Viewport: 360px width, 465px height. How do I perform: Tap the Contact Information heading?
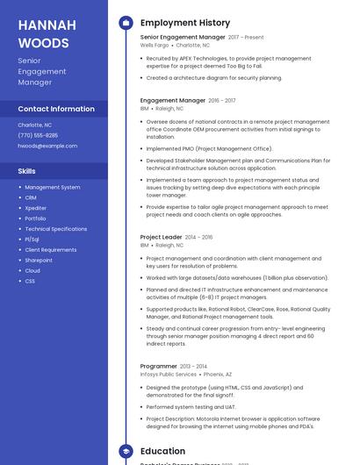point(56,109)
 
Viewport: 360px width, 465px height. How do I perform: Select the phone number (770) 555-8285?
point(38,135)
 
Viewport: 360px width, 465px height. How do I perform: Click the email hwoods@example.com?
point(47,146)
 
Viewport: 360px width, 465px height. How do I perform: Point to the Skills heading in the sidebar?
point(27,171)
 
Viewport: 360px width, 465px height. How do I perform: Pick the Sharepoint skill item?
point(39,260)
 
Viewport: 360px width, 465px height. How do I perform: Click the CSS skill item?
point(30,281)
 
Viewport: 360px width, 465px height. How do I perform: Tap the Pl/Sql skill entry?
point(32,239)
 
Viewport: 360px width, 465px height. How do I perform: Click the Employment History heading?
point(185,23)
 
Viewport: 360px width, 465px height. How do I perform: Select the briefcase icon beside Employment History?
point(125,23)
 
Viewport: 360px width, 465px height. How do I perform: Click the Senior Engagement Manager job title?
point(183,38)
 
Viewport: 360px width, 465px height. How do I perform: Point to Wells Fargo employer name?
point(154,45)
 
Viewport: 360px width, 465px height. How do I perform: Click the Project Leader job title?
point(161,237)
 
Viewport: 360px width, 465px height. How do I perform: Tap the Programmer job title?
point(159,366)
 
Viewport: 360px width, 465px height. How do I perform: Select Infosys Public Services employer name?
point(169,374)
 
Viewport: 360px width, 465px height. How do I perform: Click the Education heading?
point(162,451)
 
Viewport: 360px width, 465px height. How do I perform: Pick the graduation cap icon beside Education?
point(125,451)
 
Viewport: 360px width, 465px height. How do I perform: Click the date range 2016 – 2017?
point(223,101)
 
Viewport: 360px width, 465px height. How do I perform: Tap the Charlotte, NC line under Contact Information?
point(35,125)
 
